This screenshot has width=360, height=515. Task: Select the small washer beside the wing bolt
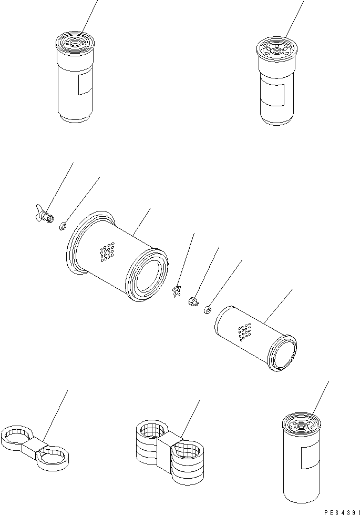(x=61, y=227)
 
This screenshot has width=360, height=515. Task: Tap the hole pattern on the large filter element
(x=108, y=252)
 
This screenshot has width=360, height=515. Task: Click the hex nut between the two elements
(x=192, y=302)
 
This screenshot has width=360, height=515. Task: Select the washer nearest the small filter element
(x=207, y=311)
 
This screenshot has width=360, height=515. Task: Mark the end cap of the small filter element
(x=284, y=356)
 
